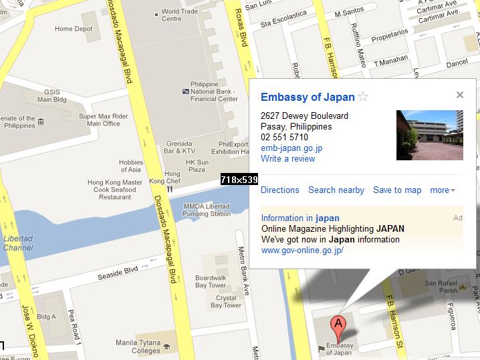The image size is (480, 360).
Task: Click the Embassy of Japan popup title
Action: [308, 97]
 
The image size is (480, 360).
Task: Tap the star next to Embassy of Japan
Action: [363, 97]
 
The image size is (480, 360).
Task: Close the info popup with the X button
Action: [460, 95]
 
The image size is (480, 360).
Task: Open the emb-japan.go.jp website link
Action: [291, 148]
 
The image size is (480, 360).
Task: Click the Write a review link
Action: [287, 158]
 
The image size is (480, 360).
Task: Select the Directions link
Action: [279, 190]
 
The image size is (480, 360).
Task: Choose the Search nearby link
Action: [336, 190]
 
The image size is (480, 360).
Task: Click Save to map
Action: [397, 190]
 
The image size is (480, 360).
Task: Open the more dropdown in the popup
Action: [442, 190]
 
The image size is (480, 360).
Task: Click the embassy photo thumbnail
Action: [429, 135]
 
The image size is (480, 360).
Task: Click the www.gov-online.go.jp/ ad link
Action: [302, 250]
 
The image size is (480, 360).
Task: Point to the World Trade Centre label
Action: [180, 15]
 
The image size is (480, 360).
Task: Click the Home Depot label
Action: [74, 29]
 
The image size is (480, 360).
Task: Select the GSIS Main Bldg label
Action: [53, 96]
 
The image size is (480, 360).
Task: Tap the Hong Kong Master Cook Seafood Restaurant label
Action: [115, 190]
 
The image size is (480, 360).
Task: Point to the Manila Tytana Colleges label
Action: [138, 347]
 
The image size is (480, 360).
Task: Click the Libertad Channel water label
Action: [18, 243]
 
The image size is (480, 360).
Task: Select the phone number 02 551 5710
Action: [285, 137]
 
